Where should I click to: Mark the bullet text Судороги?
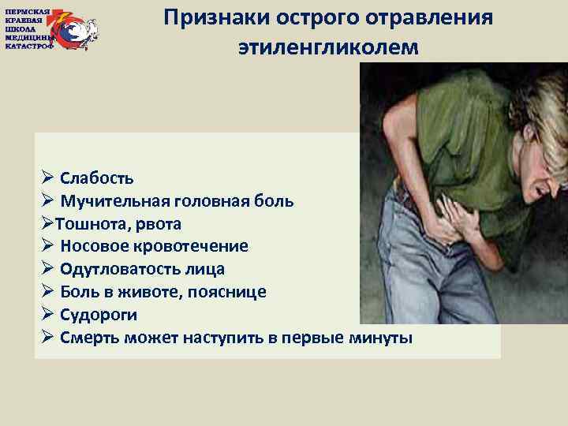click(98, 315)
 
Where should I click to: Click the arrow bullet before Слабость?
click(47, 177)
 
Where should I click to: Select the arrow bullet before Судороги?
click(47, 315)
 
